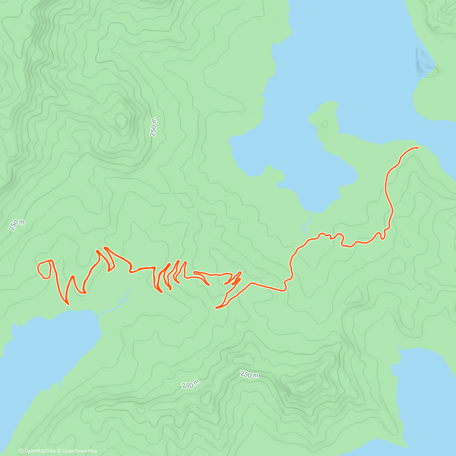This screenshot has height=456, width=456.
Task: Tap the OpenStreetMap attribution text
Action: click(x=79, y=451)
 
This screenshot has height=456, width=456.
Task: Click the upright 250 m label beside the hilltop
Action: click(x=154, y=127)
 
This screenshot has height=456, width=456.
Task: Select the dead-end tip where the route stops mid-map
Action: click(x=216, y=308)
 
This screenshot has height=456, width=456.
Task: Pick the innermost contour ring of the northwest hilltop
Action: click(x=121, y=120)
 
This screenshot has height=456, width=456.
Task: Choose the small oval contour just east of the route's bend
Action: click(x=407, y=242)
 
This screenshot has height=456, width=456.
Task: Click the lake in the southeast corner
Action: click(x=426, y=395)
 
